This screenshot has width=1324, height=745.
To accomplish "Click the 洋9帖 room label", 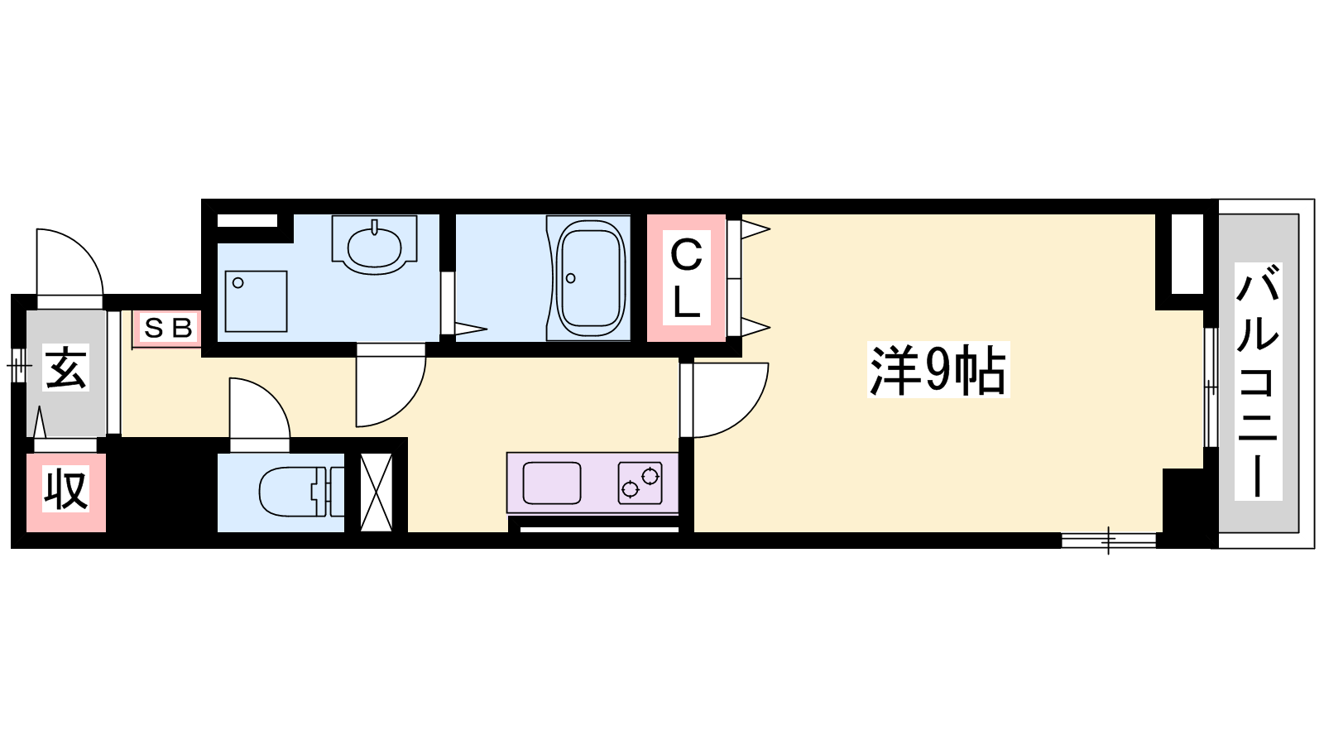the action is pyautogui.click(x=938, y=370).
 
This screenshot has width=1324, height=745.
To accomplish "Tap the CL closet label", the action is pyautogui.click(x=686, y=277).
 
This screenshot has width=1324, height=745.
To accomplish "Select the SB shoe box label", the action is pyautogui.click(x=169, y=328).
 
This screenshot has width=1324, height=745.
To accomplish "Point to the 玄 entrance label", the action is pyautogui.click(x=65, y=368).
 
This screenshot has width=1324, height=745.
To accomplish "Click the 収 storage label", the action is pyautogui.click(x=65, y=488).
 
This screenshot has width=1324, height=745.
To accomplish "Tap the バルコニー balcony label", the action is pyautogui.click(x=1258, y=382).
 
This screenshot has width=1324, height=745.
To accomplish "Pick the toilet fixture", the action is pyautogui.click(x=301, y=492).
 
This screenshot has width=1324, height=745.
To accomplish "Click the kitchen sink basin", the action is pyautogui.click(x=551, y=483).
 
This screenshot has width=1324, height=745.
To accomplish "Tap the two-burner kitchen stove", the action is pyautogui.click(x=640, y=483).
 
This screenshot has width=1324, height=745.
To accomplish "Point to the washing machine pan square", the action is pyautogui.click(x=256, y=301).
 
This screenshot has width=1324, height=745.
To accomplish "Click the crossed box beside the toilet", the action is pyautogui.click(x=377, y=492).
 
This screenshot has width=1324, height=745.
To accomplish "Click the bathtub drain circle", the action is pyautogui.click(x=571, y=278).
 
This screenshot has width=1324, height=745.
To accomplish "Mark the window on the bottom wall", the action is pyautogui.click(x=1108, y=541).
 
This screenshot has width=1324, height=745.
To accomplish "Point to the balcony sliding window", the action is pyautogui.click(x=1211, y=388).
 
